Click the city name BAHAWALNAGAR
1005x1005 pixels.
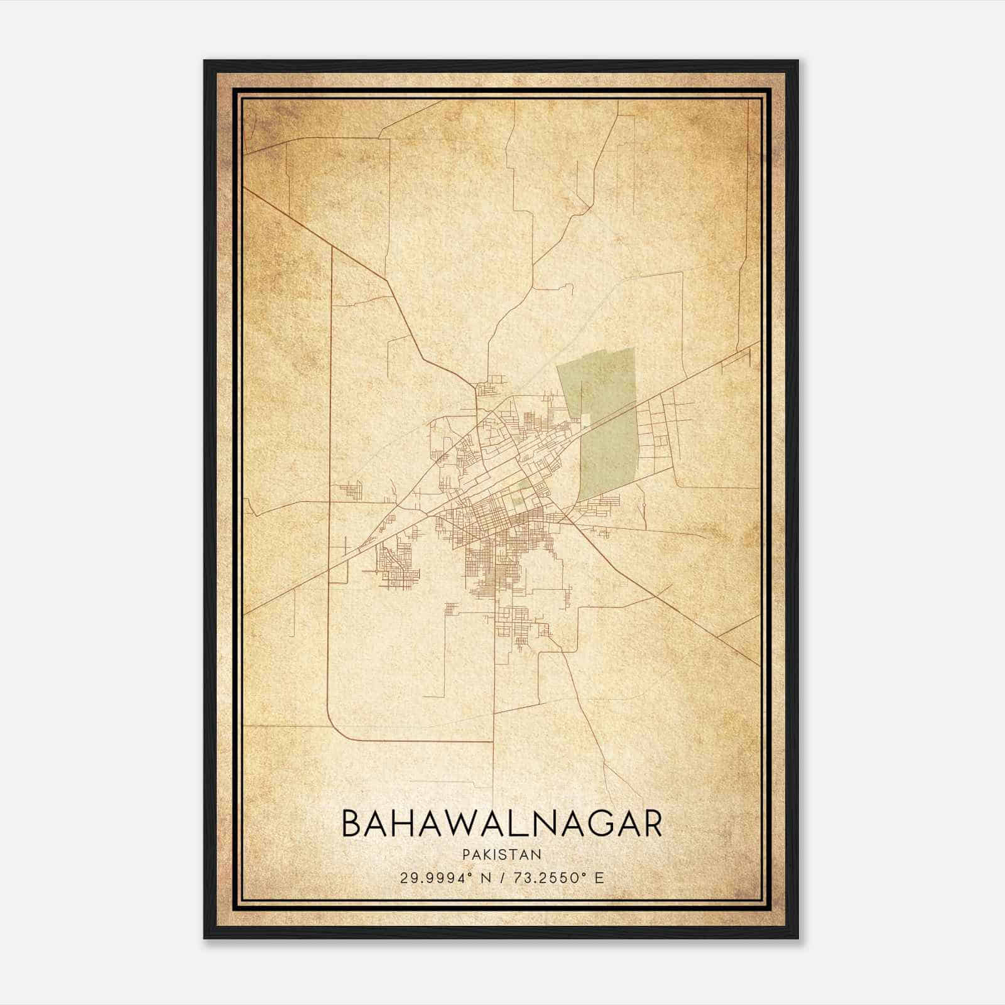point(502,823)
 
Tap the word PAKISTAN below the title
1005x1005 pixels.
point(502,855)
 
